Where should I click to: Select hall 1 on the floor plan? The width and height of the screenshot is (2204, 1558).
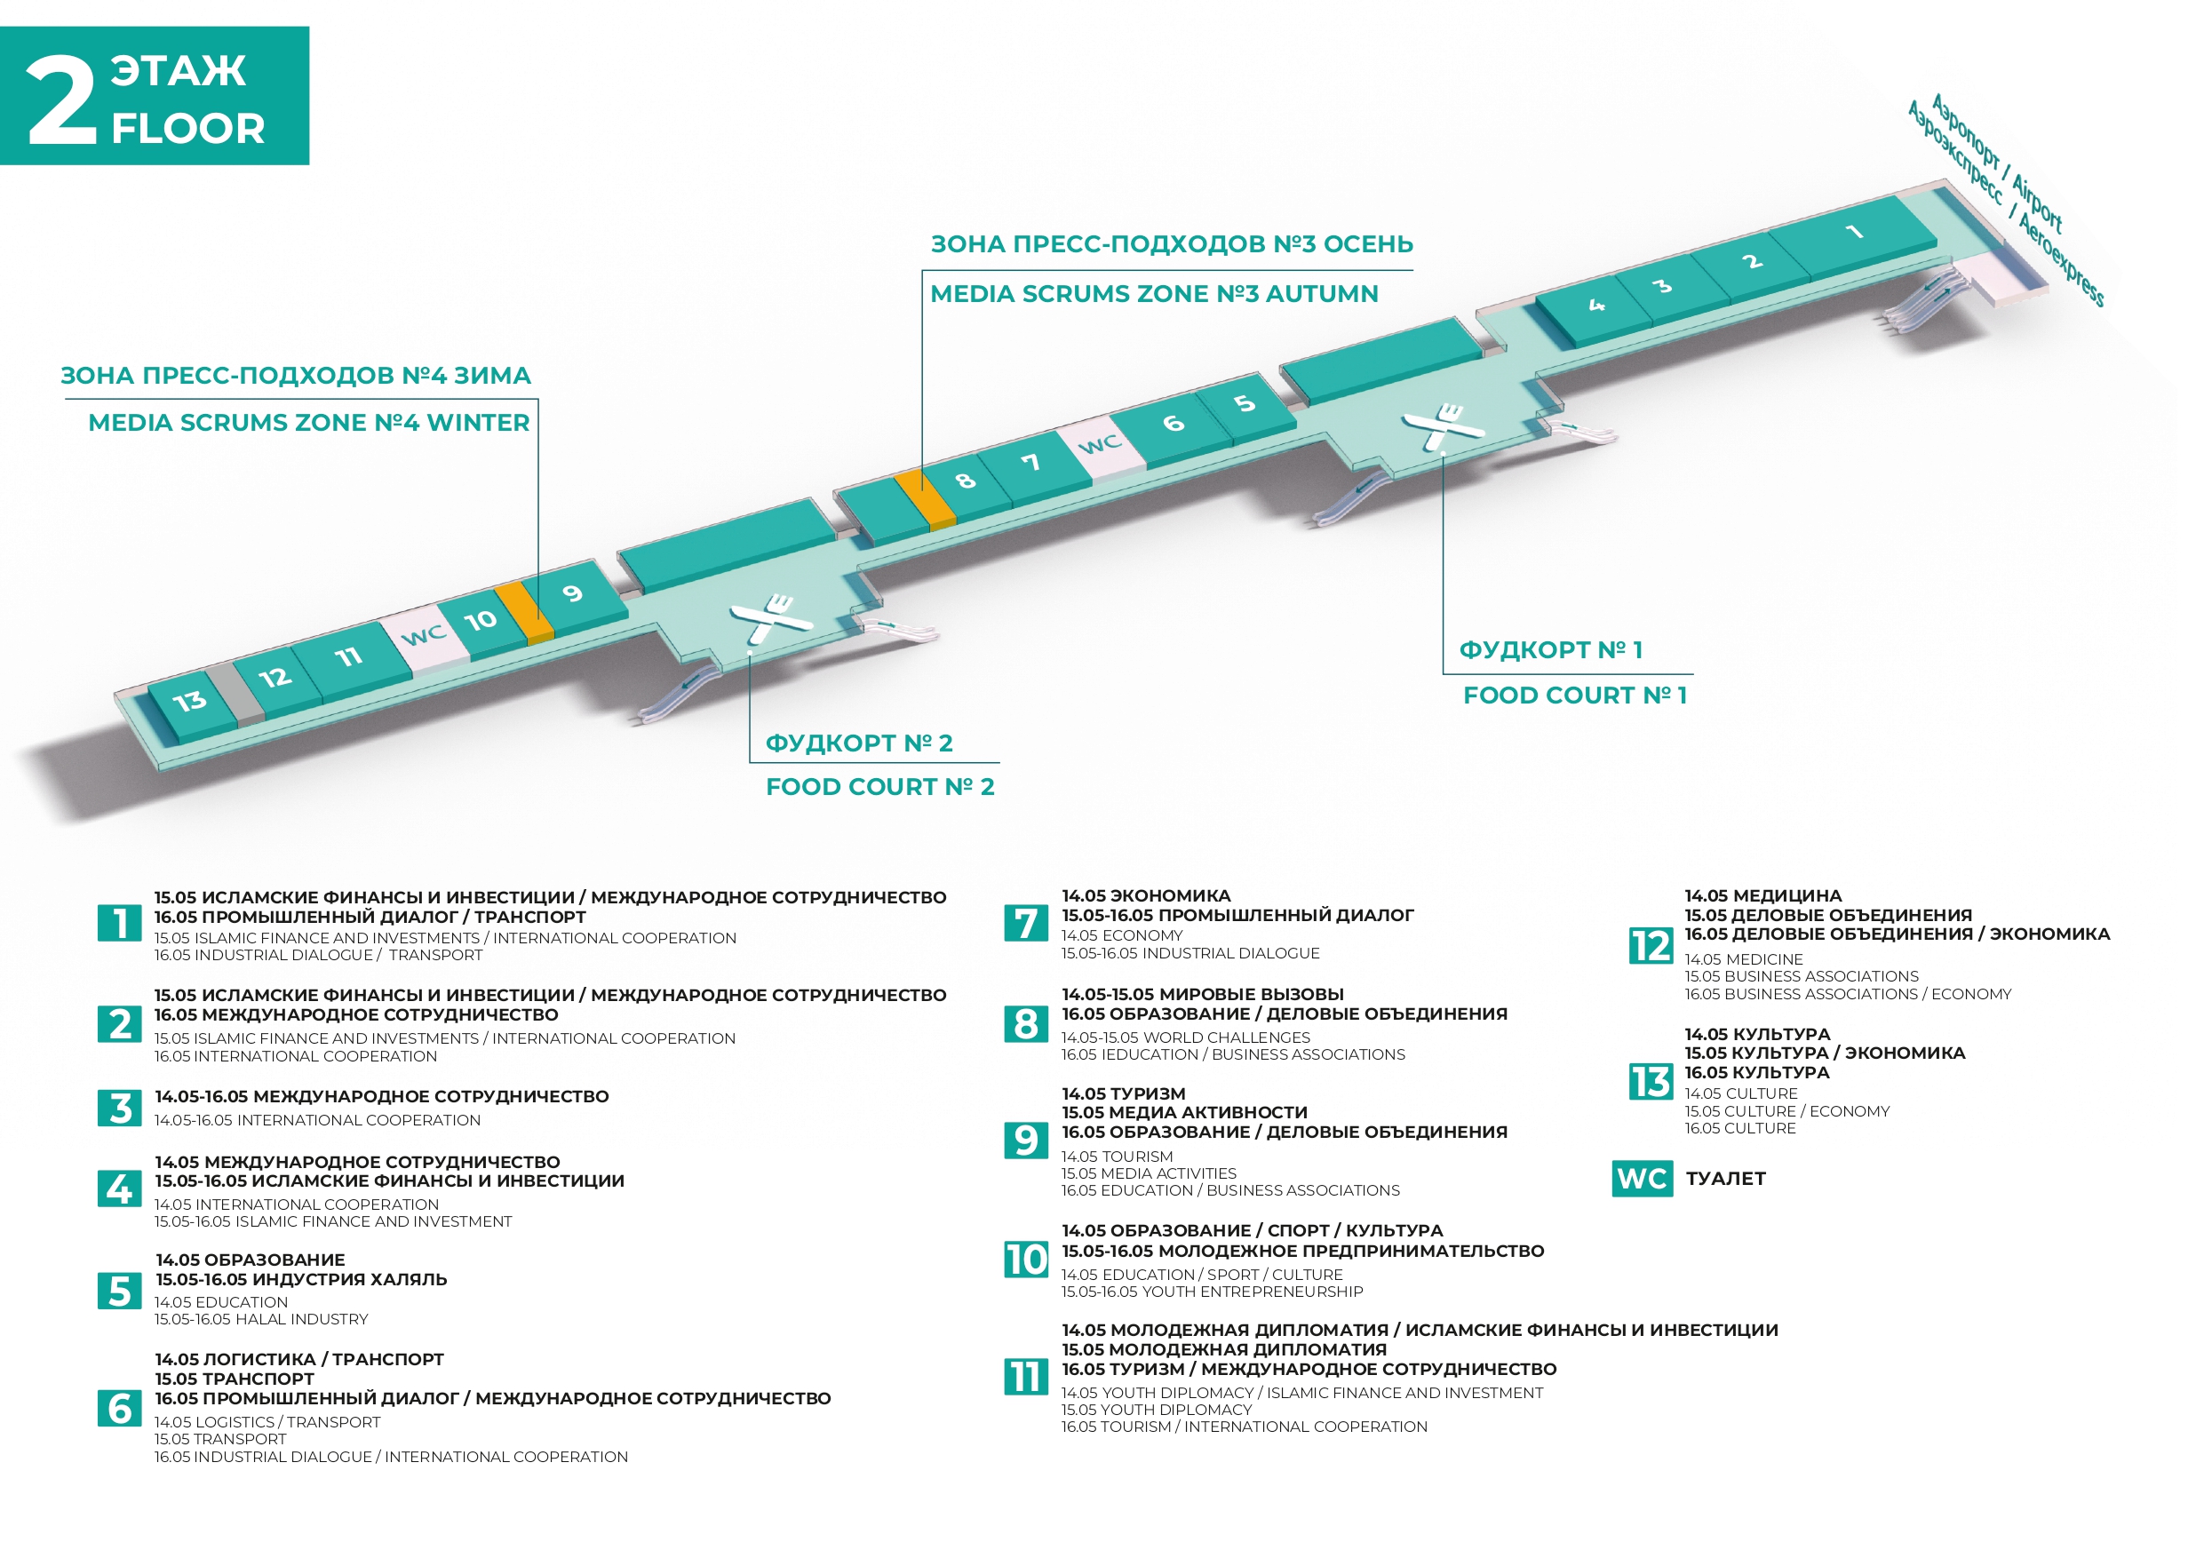pos(1853,235)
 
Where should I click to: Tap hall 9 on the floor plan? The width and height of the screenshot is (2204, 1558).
pos(574,596)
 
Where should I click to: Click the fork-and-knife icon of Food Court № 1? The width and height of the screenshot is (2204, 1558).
pos(1442,426)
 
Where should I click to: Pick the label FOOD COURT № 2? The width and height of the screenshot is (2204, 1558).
pos(879,787)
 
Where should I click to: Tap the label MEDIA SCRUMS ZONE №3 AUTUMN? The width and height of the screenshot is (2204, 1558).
pos(1154,294)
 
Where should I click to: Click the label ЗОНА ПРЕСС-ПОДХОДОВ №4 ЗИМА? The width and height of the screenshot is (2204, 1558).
pos(296,376)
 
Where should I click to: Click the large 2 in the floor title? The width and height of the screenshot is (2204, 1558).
pos(61,98)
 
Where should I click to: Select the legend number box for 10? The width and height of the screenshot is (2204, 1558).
pos(1025,1260)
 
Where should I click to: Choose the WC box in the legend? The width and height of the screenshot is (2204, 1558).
pos(1642,1179)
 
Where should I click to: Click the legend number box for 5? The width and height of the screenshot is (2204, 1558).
pos(120,1292)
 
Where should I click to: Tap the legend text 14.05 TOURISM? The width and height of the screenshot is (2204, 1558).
pos(1118,1157)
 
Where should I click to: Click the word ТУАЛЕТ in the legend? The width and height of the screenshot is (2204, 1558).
pos(1726,1179)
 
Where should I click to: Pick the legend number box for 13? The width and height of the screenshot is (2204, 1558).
pos(1651,1083)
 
